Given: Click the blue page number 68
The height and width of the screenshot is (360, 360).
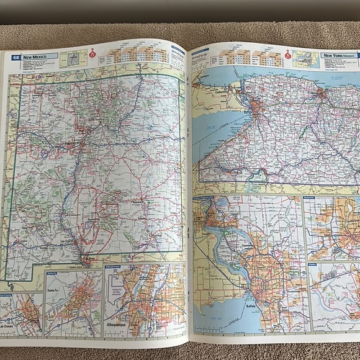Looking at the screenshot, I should [x=14, y=57].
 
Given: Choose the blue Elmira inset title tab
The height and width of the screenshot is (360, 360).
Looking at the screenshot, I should [x=313, y=263].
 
